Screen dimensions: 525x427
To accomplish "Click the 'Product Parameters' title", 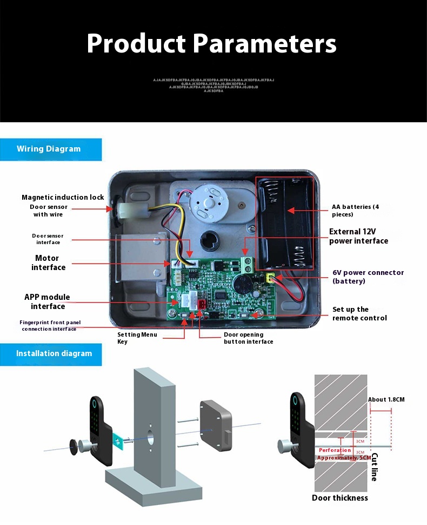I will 211,43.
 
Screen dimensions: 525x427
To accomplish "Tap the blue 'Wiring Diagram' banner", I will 49,149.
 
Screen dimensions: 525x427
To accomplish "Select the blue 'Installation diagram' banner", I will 54,353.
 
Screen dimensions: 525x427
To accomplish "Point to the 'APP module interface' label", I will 48,301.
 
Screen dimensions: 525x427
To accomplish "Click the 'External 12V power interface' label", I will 358,236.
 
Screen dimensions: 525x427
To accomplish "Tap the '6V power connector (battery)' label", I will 368,277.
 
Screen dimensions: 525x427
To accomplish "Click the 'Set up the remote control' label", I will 359,313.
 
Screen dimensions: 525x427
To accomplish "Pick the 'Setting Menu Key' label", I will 137,338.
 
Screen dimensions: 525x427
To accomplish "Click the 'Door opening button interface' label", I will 248,338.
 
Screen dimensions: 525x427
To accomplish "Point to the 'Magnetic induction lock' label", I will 63,197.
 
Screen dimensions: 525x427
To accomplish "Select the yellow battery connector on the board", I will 269,278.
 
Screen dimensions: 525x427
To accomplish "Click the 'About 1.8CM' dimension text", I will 386,399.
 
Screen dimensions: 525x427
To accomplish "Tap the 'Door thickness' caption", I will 339,497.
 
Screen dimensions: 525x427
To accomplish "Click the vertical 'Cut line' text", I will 374,467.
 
